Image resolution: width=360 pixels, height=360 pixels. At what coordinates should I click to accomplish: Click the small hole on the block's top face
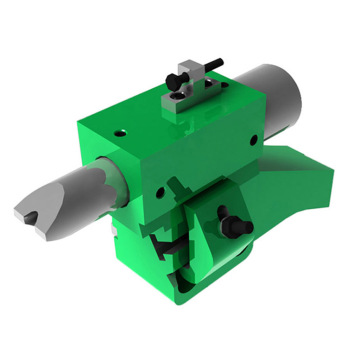119,130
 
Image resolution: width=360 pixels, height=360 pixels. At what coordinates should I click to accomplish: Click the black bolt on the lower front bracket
233,225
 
